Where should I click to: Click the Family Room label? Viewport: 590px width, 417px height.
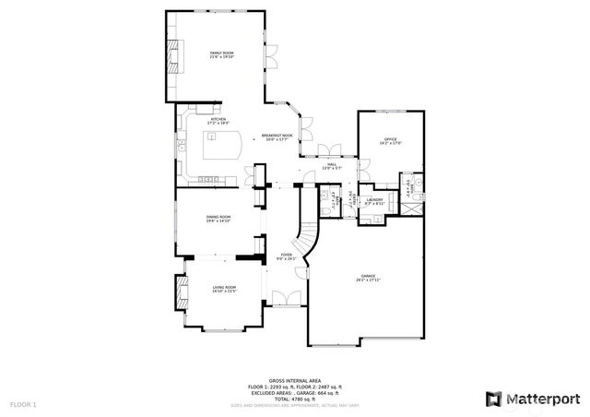pos(221,55)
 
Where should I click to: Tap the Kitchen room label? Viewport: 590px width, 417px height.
pos(218,121)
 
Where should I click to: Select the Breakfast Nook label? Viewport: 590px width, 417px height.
pos(277,137)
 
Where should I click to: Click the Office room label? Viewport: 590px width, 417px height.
pos(390,141)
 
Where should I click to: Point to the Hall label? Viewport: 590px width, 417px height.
pos(331,166)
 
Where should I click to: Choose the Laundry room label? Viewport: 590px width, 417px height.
pos(374,201)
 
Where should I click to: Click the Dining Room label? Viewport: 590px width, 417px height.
pos(218,219)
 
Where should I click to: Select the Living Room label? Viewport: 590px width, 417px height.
pos(224,290)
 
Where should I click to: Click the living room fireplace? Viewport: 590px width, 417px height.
pos(171,294)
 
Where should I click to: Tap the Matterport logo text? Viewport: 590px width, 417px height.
pos(540,399)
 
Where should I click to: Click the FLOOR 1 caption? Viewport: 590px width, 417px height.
pos(23,405)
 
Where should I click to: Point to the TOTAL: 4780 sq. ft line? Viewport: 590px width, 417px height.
pos(294,398)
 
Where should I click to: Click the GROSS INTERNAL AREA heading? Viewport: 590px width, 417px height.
pos(294,381)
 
